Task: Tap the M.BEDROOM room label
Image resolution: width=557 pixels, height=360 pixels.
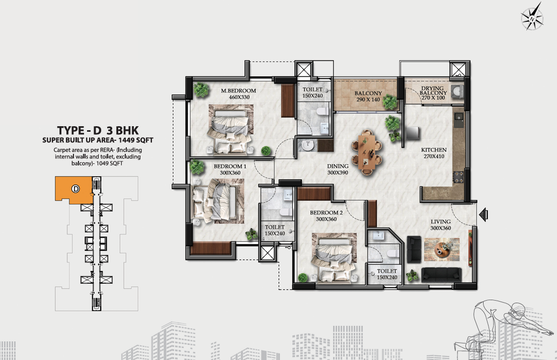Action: click(x=238, y=91)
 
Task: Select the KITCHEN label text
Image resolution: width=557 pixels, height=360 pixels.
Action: click(x=434, y=150)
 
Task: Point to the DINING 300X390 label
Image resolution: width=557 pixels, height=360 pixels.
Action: click(x=338, y=169)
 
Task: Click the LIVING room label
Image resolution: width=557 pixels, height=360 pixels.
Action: click(x=440, y=222)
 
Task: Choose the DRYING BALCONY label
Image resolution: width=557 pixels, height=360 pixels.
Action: click(x=433, y=91)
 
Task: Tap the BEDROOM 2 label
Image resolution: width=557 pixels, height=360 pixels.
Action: click(x=326, y=213)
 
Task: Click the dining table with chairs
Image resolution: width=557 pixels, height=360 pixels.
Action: click(x=367, y=152)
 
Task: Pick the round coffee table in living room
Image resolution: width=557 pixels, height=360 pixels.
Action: click(x=442, y=248)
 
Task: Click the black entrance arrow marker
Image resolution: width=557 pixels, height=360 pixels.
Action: click(x=484, y=215)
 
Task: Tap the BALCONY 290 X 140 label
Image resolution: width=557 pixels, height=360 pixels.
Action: click(x=368, y=96)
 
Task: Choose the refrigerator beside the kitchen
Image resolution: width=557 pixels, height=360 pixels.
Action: click(x=413, y=133)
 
